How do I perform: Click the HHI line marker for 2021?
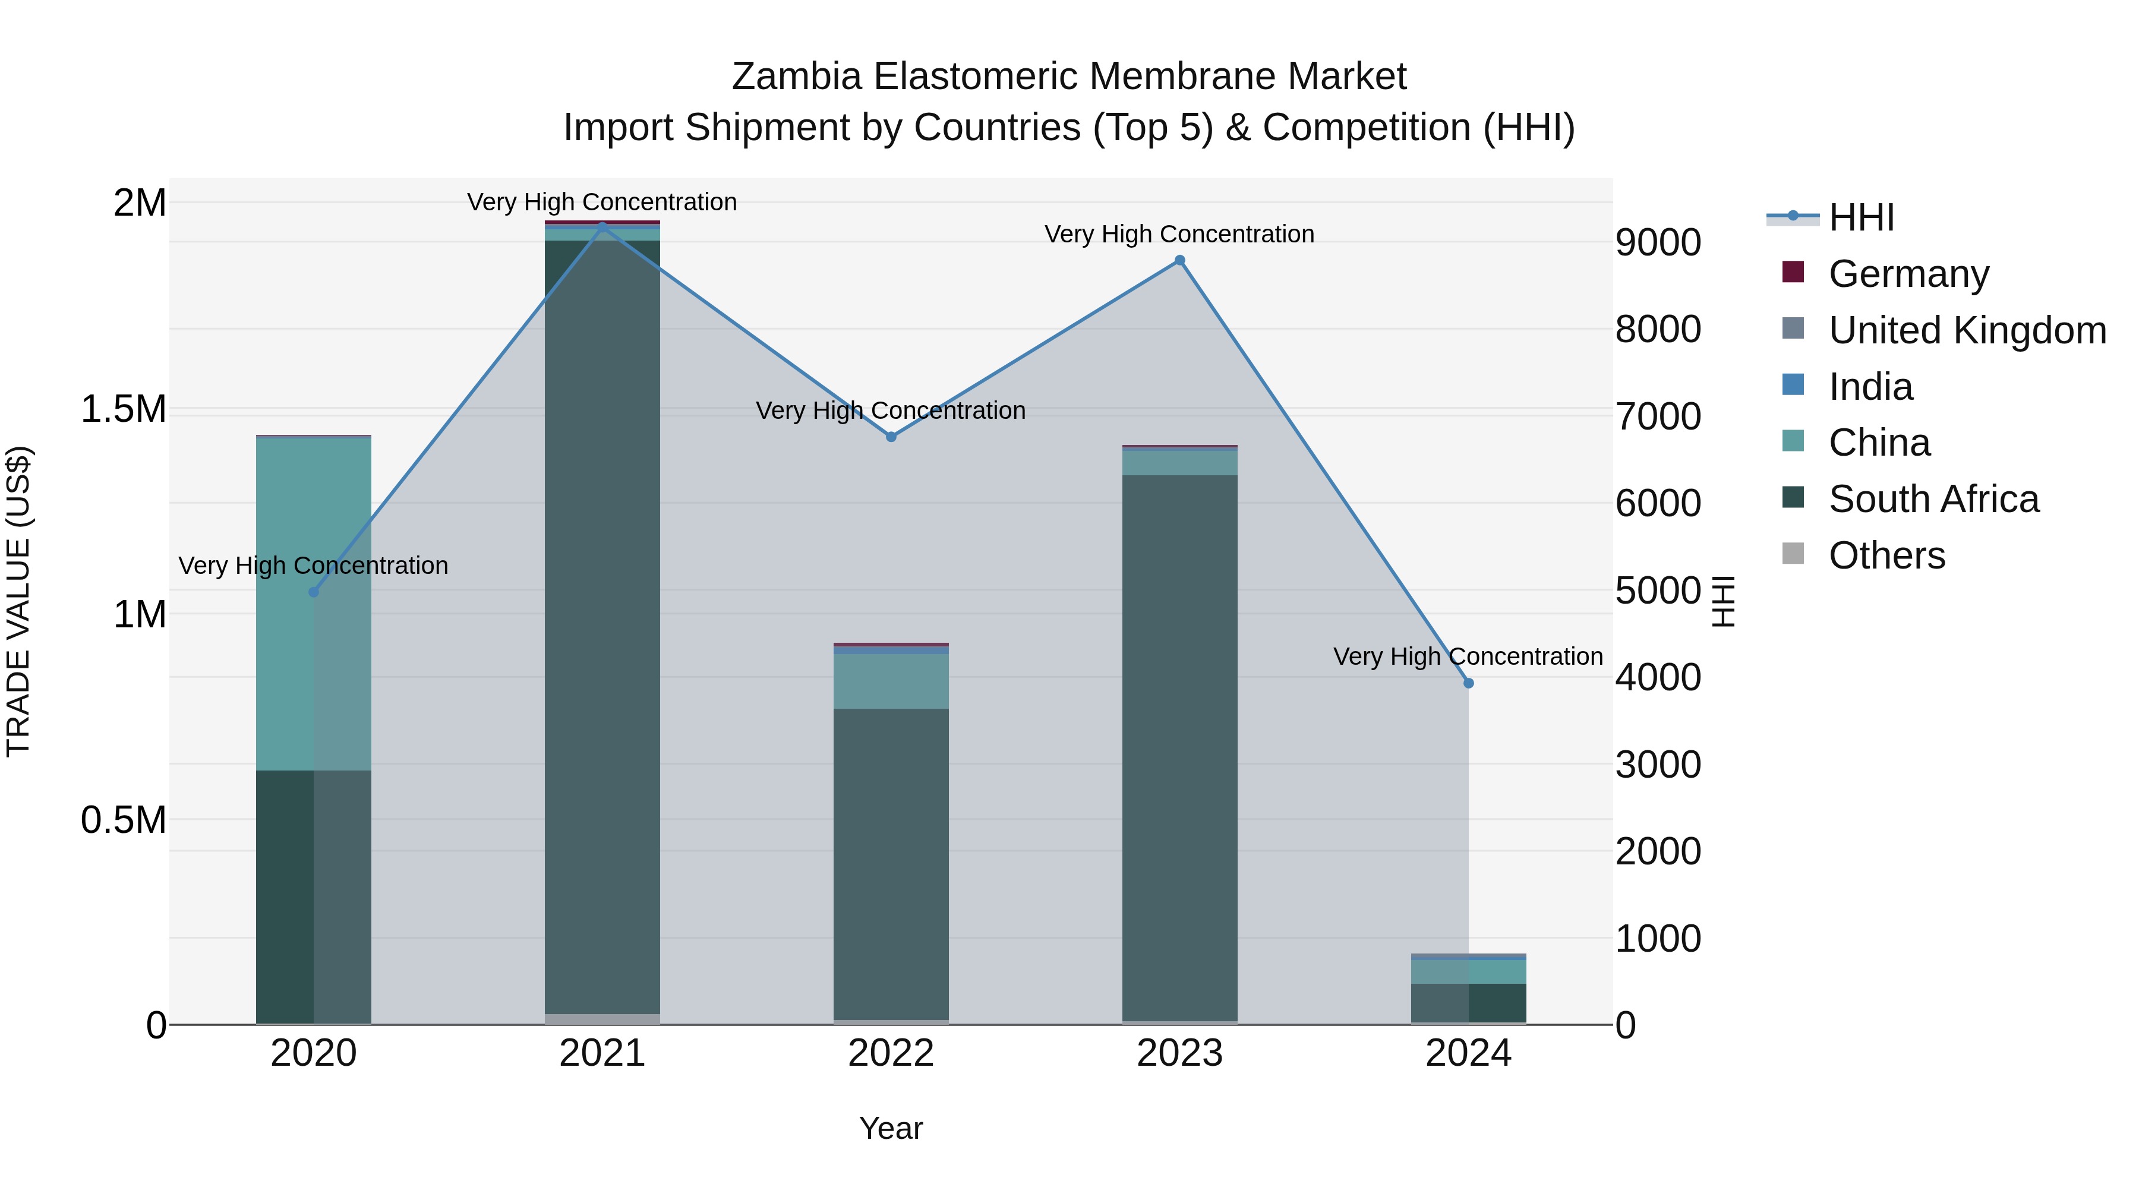coord(602,226)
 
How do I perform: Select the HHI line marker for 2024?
coord(1468,683)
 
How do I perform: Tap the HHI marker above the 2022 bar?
coord(891,437)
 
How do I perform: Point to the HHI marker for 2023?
coord(1179,261)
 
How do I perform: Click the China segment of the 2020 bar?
coord(313,604)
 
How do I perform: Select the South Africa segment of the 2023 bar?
coord(1179,747)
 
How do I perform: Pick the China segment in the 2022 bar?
coord(891,681)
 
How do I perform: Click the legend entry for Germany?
coord(1907,274)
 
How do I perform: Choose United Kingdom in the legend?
coord(1966,330)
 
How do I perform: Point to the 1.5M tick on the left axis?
coord(124,409)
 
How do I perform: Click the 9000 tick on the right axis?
coord(1657,242)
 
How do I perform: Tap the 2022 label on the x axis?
coord(891,1053)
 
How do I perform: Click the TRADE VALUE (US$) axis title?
coord(18,601)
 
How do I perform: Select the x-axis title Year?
coord(891,1128)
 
